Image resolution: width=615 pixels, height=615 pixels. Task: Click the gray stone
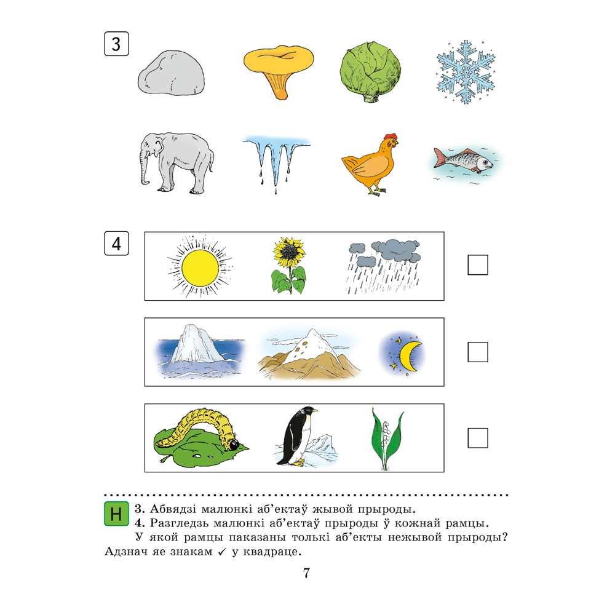pos(171,73)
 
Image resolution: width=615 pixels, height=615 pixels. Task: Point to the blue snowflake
pos(466,72)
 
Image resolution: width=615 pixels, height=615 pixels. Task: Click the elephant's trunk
pos(145,169)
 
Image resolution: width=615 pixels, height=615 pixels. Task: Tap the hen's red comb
pos(391,137)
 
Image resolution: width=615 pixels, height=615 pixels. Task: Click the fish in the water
pos(463,160)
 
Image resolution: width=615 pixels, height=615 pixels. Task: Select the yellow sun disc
pos(200,268)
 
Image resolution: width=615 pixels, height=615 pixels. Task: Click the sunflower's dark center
pos(290,250)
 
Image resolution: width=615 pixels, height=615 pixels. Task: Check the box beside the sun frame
pos(478,264)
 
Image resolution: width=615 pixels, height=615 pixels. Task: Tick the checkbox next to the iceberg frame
pos(478,352)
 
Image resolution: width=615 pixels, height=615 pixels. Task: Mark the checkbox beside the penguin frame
pos(478,438)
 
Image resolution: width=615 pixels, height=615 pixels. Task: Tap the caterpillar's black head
pos(234,445)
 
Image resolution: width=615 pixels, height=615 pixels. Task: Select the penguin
pos(297,436)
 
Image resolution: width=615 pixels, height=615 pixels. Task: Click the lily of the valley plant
pos(387,438)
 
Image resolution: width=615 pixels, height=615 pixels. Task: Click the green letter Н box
pos(116,514)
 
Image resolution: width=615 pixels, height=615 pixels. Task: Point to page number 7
pos(307,573)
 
